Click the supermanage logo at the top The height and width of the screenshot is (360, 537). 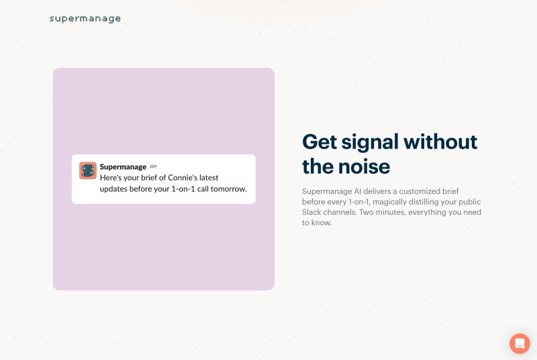tap(85, 19)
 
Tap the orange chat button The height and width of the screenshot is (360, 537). tap(520, 343)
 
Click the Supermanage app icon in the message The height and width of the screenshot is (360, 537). tap(88, 171)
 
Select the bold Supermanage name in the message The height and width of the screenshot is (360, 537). tap(123, 167)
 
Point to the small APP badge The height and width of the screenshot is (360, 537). tap(153, 167)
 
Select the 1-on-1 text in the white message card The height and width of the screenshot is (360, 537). tap(183, 189)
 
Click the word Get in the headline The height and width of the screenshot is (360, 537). tap(320, 142)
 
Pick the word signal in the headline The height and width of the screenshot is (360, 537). tap(370, 142)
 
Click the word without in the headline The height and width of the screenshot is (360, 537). tap(440, 142)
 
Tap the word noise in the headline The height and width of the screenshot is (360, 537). tap(364, 167)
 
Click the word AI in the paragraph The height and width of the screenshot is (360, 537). tap(358, 191)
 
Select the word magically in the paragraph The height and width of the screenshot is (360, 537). tap(389, 201)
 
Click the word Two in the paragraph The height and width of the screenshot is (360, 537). tap(366, 212)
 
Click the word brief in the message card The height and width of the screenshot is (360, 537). tap(149, 178)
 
